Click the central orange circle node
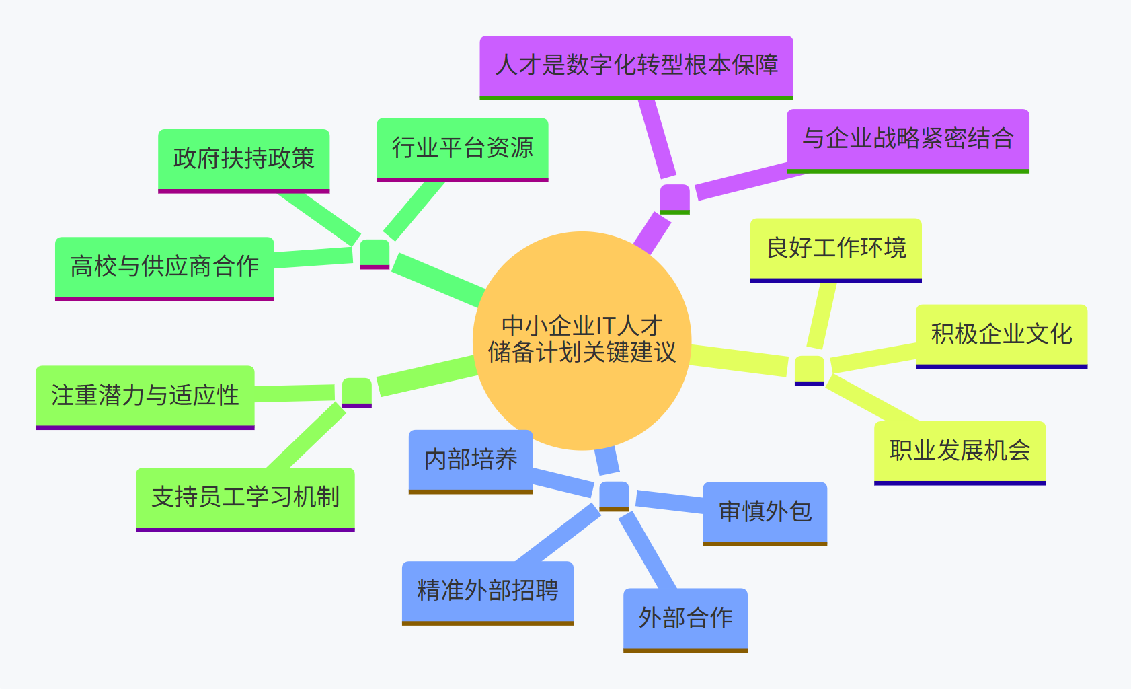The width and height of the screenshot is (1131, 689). tap(582, 340)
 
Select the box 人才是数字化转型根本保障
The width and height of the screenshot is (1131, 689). tap(636, 65)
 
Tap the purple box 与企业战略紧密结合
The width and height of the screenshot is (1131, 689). tap(908, 139)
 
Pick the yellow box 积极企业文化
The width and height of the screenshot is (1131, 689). tap(1001, 334)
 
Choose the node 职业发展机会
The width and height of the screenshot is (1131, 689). tap(960, 451)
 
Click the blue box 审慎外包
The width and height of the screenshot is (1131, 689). tap(765, 512)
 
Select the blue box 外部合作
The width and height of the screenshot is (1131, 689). tap(685, 618)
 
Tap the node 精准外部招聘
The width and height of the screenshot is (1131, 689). tap(487, 591)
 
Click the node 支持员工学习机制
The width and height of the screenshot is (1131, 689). tap(245, 498)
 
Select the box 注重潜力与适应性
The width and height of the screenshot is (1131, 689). tap(145, 396)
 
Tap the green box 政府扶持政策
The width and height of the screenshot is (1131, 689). tap(243, 159)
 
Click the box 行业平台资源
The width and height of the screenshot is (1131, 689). tap(462, 148)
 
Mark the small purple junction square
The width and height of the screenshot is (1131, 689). tap(674, 198)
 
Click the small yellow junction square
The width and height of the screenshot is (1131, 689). tap(809, 369)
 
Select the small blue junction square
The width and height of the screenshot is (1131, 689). tap(614, 495)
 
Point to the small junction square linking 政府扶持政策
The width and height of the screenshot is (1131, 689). tap(375, 254)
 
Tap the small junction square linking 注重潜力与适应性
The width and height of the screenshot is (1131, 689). tap(356, 392)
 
